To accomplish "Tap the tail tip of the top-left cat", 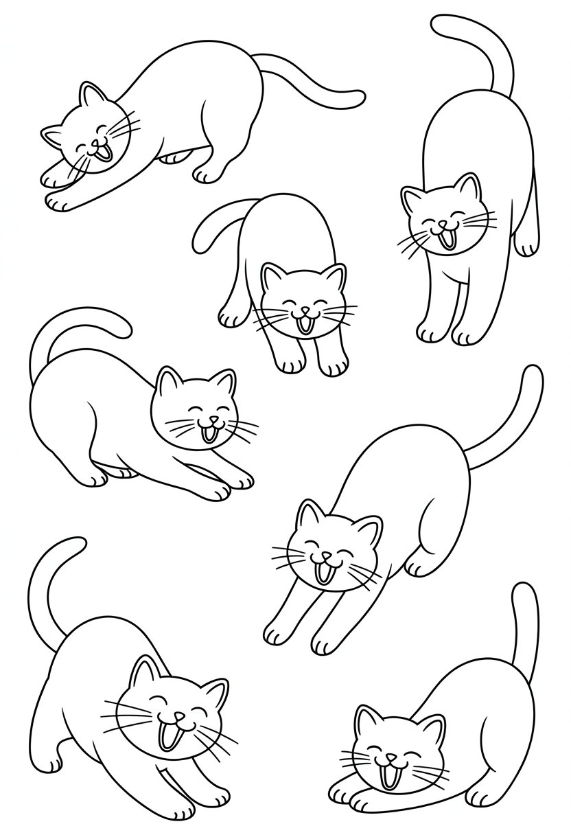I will (x=358, y=98).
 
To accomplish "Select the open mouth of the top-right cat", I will (x=447, y=240).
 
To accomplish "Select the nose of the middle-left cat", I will (x=213, y=420).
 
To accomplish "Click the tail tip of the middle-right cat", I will (x=533, y=374).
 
